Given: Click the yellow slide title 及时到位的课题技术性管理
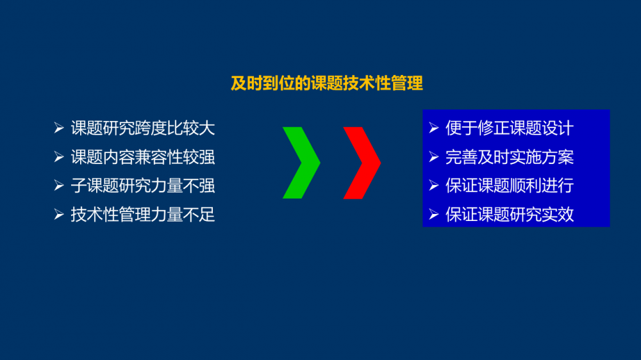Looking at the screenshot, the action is click(x=327, y=83).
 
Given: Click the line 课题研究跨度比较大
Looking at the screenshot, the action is click(x=143, y=128).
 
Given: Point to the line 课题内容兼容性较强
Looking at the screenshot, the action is click(x=143, y=158).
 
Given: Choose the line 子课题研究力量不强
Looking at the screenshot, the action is click(x=143, y=186).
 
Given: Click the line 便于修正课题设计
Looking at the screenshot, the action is click(x=510, y=128).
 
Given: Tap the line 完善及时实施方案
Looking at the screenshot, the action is click(x=510, y=158).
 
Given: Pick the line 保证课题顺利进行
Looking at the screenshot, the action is click(x=510, y=186).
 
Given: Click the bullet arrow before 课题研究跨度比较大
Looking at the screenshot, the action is click(x=59, y=128).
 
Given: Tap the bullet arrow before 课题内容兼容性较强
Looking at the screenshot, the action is click(x=59, y=158).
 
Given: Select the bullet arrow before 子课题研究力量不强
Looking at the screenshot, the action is click(x=59, y=186).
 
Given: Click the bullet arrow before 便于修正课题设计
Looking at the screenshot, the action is click(x=434, y=128).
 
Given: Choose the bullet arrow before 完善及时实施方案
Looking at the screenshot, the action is click(x=434, y=158).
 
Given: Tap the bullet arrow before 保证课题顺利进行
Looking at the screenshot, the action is click(x=434, y=186).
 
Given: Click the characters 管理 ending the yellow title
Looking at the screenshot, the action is click(x=407, y=83).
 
